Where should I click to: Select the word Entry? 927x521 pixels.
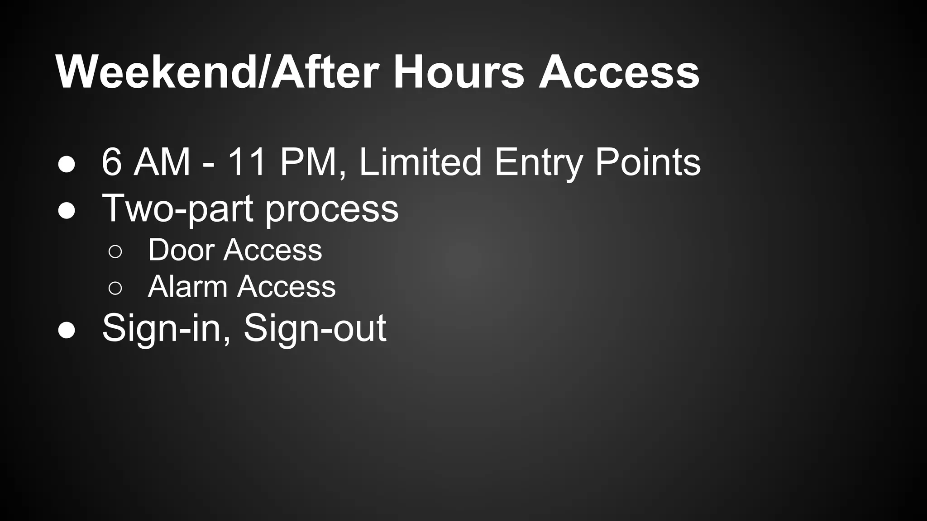[538, 163]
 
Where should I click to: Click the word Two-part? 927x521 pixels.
[178, 209]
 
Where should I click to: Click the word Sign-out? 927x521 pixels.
[315, 329]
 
